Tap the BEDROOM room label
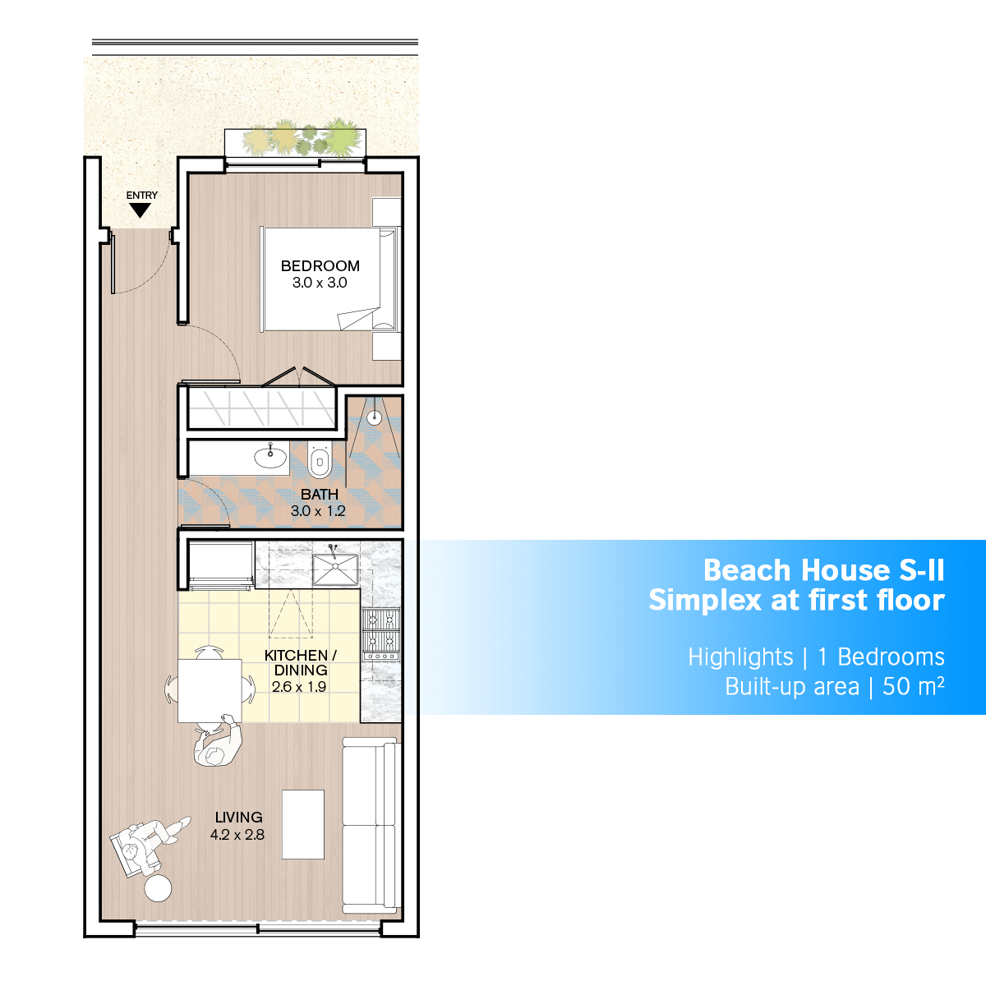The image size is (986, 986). (320, 266)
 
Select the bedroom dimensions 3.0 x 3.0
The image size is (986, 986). (320, 283)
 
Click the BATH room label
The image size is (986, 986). (320, 495)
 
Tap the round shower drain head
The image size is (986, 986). (375, 417)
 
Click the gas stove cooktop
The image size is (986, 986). (380, 634)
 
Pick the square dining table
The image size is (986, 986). (210, 691)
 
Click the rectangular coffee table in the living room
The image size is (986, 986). (303, 824)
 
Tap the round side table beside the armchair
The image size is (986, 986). (158, 888)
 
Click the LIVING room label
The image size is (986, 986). (239, 817)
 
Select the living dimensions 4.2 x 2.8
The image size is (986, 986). (237, 835)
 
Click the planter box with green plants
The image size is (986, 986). (295, 143)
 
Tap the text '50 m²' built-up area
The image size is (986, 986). (914, 687)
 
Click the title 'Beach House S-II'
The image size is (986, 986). (824, 570)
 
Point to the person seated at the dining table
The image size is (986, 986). (218, 741)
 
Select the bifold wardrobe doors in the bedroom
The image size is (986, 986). (299, 377)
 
